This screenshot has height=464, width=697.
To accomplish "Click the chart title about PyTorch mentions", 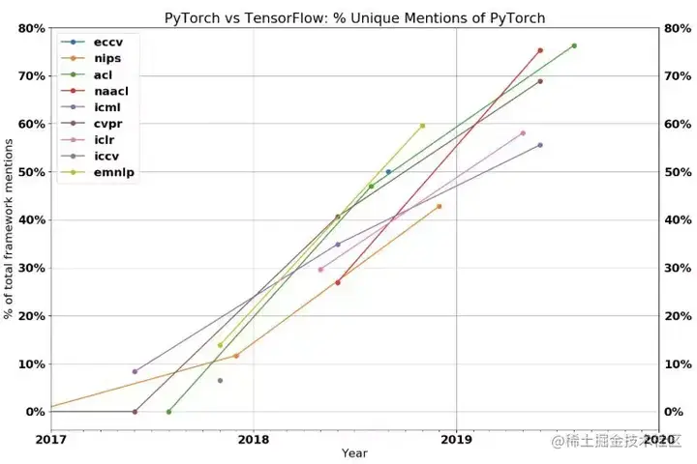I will tap(354, 17).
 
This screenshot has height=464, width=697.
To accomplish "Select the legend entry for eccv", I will tap(107, 43).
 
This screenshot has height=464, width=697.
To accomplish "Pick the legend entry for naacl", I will tap(110, 89).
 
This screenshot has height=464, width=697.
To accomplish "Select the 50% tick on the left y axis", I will tap(31, 172).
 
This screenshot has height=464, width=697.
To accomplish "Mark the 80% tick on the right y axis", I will tap(678, 28).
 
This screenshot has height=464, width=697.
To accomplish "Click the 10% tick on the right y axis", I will tap(678, 364).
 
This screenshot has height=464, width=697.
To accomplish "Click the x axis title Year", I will tap(354, 453).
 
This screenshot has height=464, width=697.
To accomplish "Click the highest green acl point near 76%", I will tap(574, 45).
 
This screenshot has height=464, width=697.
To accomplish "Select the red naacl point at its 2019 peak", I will tap(540, 50).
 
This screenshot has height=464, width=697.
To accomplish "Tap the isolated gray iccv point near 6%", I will tap(220, 381).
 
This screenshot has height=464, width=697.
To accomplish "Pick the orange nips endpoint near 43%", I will tap(439, 206).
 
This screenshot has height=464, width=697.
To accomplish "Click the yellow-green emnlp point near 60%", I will tap(422, 126).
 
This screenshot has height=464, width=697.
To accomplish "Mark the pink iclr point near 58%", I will tap(523, 133).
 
